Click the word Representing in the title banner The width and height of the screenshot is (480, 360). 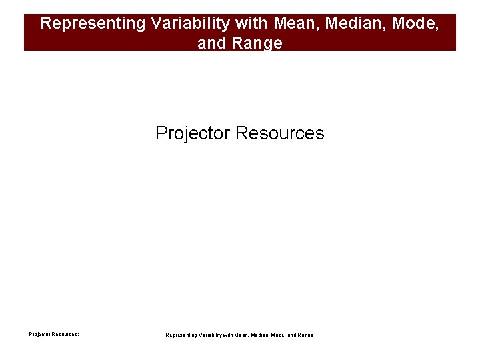(93, 23)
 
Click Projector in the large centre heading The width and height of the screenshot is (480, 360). (193, 133)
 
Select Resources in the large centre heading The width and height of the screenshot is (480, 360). (280, 133)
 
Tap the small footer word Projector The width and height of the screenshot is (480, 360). (40, 334)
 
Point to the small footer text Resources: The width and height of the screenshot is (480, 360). (66, 334)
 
